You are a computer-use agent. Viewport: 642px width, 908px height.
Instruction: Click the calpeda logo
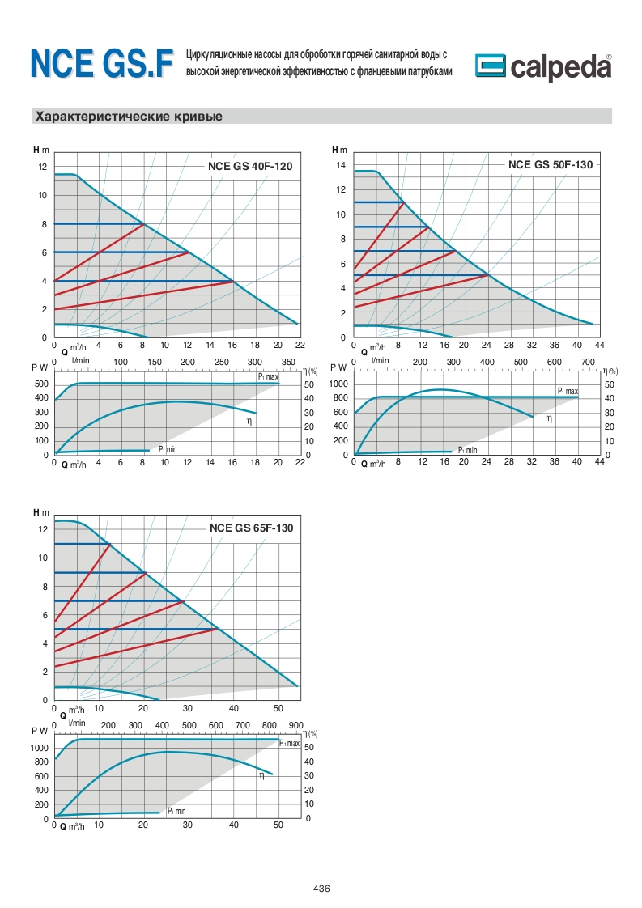[542, 68]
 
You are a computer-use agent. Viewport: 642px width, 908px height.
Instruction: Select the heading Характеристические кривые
[129, 117]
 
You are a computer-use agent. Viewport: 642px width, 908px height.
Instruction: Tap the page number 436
[321, 888]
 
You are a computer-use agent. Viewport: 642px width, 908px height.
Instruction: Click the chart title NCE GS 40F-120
[249, 166]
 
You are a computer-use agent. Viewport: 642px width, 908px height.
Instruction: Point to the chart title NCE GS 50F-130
[551, 164]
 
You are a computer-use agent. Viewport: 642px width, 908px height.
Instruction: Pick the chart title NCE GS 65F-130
[251, 528]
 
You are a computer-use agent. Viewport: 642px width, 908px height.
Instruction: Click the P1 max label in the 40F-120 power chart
[268, 377]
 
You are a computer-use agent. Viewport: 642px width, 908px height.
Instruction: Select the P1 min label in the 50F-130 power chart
[467, 450]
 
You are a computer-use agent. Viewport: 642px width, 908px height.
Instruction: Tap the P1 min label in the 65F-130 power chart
[176, 811]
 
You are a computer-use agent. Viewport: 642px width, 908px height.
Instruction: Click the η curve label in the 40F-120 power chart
[250, 422]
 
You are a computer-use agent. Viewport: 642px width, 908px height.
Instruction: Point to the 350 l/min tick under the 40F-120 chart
[289, 361]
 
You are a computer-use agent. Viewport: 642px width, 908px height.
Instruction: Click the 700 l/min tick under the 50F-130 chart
[588, 361]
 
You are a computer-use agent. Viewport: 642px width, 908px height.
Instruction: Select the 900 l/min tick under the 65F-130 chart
[295, 724]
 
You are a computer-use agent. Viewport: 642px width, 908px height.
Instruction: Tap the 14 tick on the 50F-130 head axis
[341, 165]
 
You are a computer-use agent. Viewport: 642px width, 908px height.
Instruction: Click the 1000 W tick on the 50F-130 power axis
[338, 384]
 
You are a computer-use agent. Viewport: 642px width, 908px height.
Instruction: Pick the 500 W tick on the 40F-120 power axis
[40, 384]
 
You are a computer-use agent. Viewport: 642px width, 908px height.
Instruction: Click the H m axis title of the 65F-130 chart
[40, 512]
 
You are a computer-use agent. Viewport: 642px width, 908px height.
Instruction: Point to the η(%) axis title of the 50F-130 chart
[610, 371]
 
